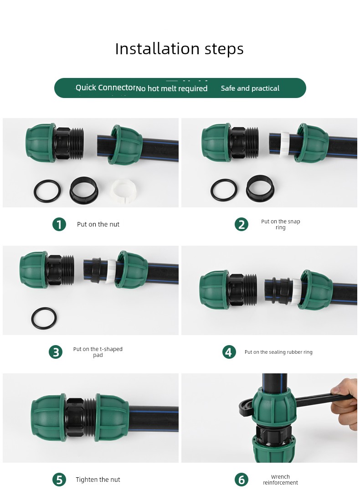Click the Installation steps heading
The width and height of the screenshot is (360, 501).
(179, 49)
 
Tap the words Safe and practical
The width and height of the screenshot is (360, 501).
(250, 88)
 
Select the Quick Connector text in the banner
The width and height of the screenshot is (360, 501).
(106, 88)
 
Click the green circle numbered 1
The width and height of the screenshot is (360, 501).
(59, 224)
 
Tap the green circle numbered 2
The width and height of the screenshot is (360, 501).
(242, 224)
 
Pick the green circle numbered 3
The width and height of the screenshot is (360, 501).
(56, 352)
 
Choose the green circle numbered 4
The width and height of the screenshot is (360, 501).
(229, 352)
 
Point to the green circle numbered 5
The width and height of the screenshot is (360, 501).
(59, 480)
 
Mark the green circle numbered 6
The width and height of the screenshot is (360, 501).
(242, 480)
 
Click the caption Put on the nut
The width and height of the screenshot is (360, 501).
(98, 224)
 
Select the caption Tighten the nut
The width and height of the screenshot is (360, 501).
(98, 480)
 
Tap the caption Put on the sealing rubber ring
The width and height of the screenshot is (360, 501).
(278, 352)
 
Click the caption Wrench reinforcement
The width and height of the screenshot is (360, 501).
(280, 480)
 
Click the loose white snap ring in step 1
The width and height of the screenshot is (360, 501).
(124, 191)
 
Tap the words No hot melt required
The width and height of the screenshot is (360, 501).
(172, 88)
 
